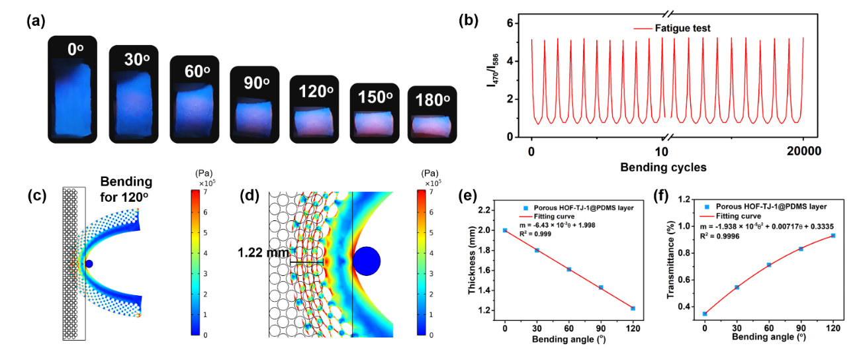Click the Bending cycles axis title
point(663,167)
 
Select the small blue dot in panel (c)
point(89,264)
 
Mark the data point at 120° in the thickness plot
point(633,308)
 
